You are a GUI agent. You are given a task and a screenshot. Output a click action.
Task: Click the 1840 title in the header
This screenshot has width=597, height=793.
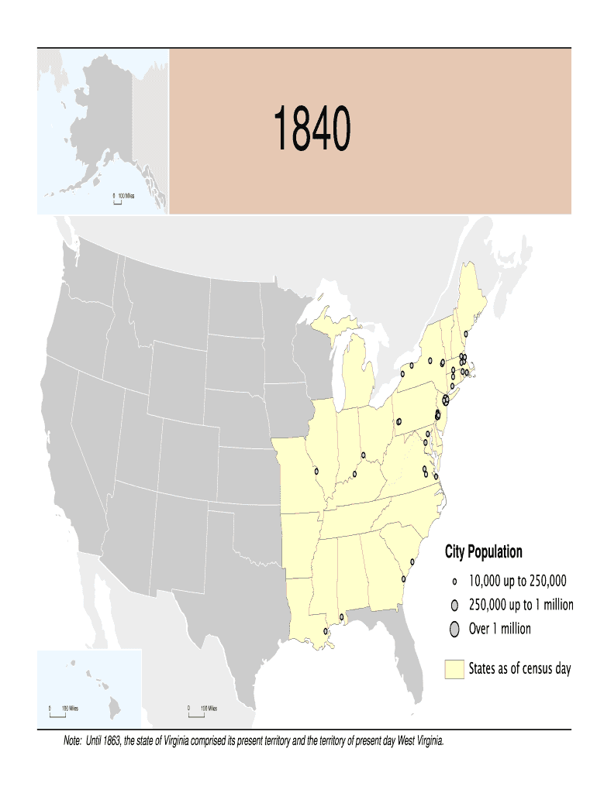tap(311, 131)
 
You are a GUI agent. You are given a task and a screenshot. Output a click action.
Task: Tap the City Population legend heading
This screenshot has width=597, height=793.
tap(483, 552)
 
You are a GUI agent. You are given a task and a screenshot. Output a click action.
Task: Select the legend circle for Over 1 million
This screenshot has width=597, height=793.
tap(455, 629)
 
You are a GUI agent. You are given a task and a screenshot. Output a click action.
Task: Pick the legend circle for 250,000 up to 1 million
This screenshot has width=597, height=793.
tap(455, 605)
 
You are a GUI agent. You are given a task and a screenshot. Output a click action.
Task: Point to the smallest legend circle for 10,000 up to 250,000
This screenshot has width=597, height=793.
tap(455, 581)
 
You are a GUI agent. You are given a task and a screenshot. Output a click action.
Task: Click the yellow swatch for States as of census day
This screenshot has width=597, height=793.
tap(454, 668)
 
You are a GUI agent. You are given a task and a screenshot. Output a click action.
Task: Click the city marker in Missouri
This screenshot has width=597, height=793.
tap(316, 470)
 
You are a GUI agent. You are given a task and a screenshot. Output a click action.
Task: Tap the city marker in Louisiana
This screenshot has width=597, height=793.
tap(326, 631)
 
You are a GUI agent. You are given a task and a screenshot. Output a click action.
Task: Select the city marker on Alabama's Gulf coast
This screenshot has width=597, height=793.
tap(342, 617)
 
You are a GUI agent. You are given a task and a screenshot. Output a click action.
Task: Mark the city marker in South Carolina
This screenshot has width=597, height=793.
tap(412, 562)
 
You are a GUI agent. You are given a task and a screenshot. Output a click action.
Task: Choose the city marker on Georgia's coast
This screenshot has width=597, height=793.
tap(403, 578)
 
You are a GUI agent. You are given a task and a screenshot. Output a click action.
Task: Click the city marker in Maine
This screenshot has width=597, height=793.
tap(465, 334)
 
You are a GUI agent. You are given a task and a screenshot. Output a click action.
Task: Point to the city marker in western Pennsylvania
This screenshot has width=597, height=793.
tap(399, 422)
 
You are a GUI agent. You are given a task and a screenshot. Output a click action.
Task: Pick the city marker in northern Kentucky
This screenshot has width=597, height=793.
tap(354, 474)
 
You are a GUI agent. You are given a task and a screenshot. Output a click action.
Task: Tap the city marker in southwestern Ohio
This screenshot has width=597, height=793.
tap(363, 455)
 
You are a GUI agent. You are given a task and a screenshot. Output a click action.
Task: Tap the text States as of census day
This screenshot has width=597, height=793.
tap(519, 668)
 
